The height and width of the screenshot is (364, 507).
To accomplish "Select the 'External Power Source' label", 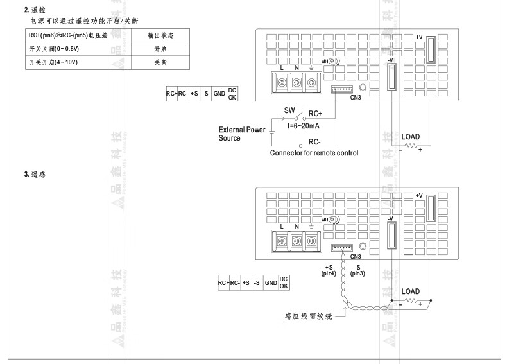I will [x=241, y=134].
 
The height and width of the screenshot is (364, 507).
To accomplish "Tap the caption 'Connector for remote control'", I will [x=314, y=153].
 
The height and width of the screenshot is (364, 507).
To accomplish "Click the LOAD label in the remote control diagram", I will [x=410, y=137].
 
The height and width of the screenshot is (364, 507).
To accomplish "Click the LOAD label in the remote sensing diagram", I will [x=410, y=291].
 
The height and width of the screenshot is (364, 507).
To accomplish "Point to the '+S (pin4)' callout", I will [x=329, y=270].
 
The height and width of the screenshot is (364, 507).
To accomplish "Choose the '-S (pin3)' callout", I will [x=357, y=270].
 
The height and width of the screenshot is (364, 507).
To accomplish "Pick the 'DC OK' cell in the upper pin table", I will [x=232, y=94].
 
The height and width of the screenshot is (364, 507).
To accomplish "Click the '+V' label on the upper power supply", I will [x=419, y=37].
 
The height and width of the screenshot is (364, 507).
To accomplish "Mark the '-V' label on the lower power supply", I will [x=390, y=218].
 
